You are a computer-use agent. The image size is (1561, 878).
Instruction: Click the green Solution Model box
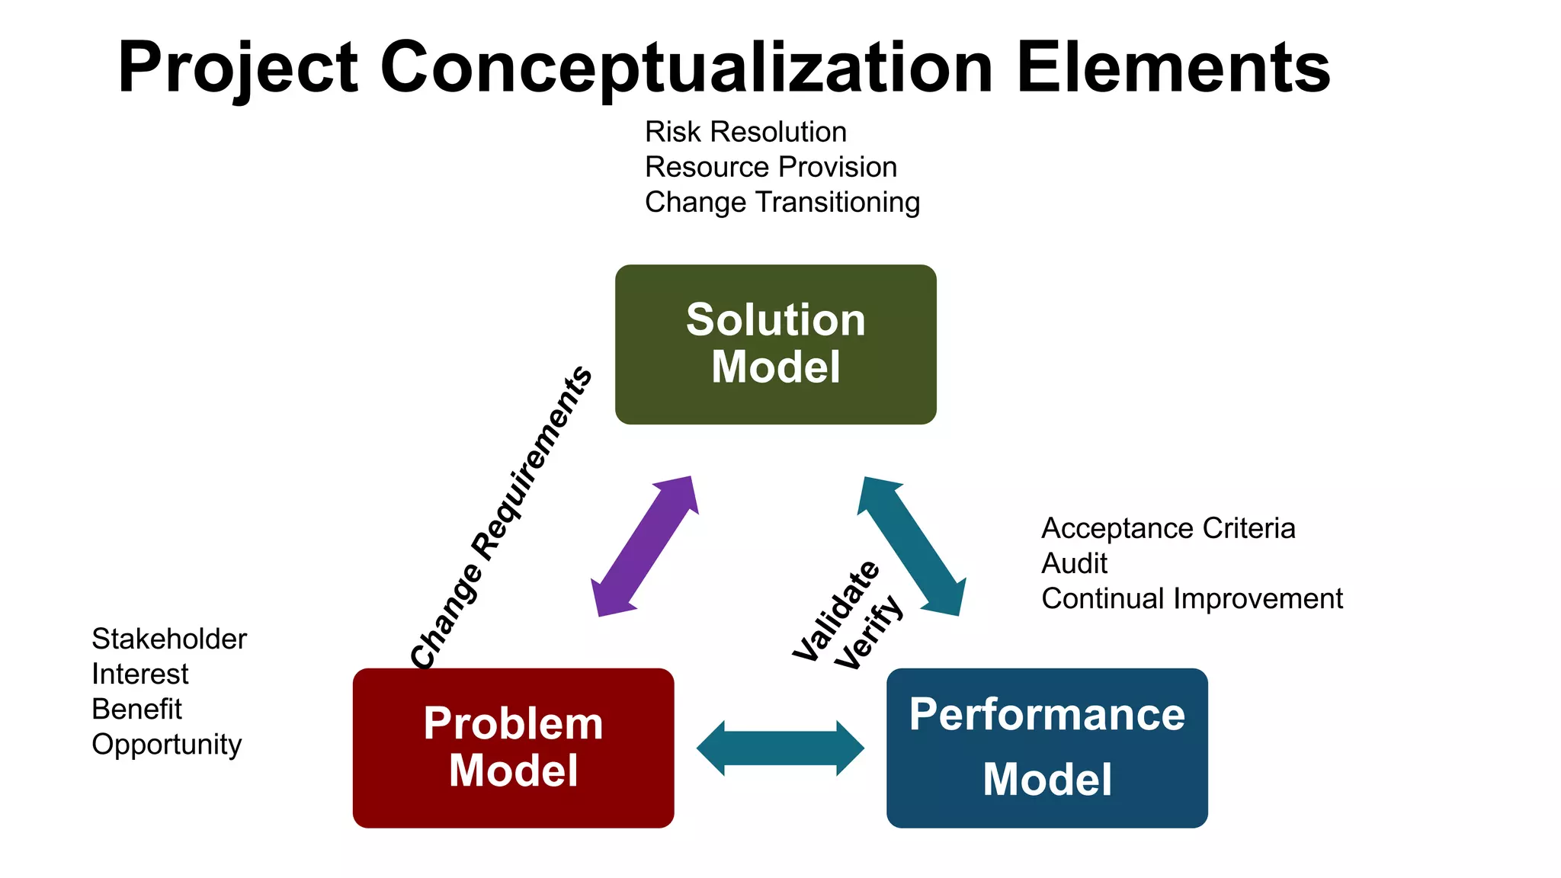775,344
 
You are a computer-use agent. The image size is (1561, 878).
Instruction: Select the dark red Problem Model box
513,748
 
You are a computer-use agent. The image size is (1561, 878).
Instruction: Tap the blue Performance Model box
1047,748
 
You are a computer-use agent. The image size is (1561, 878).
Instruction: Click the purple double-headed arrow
645,546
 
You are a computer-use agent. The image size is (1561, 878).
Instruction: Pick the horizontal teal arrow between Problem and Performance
780,748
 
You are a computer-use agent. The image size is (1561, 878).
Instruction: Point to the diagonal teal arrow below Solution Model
912,546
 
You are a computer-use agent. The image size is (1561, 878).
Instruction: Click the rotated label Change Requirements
501,518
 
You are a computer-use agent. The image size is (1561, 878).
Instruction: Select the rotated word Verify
868,633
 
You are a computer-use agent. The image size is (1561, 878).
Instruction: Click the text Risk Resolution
745,132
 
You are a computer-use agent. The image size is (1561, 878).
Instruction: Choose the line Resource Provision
771,167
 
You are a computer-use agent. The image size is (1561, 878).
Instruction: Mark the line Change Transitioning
782,202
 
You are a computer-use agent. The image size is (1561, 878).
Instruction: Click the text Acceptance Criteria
1168,528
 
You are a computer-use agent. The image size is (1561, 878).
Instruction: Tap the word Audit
1074,563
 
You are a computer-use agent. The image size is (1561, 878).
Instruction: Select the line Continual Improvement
1191,598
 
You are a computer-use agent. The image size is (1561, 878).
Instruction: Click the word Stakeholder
169,639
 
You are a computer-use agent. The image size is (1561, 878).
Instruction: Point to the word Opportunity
166,745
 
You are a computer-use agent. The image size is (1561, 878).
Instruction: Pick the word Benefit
136,709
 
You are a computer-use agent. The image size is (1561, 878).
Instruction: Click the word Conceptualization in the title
686,69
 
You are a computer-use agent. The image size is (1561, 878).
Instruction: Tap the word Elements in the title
1173,69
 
